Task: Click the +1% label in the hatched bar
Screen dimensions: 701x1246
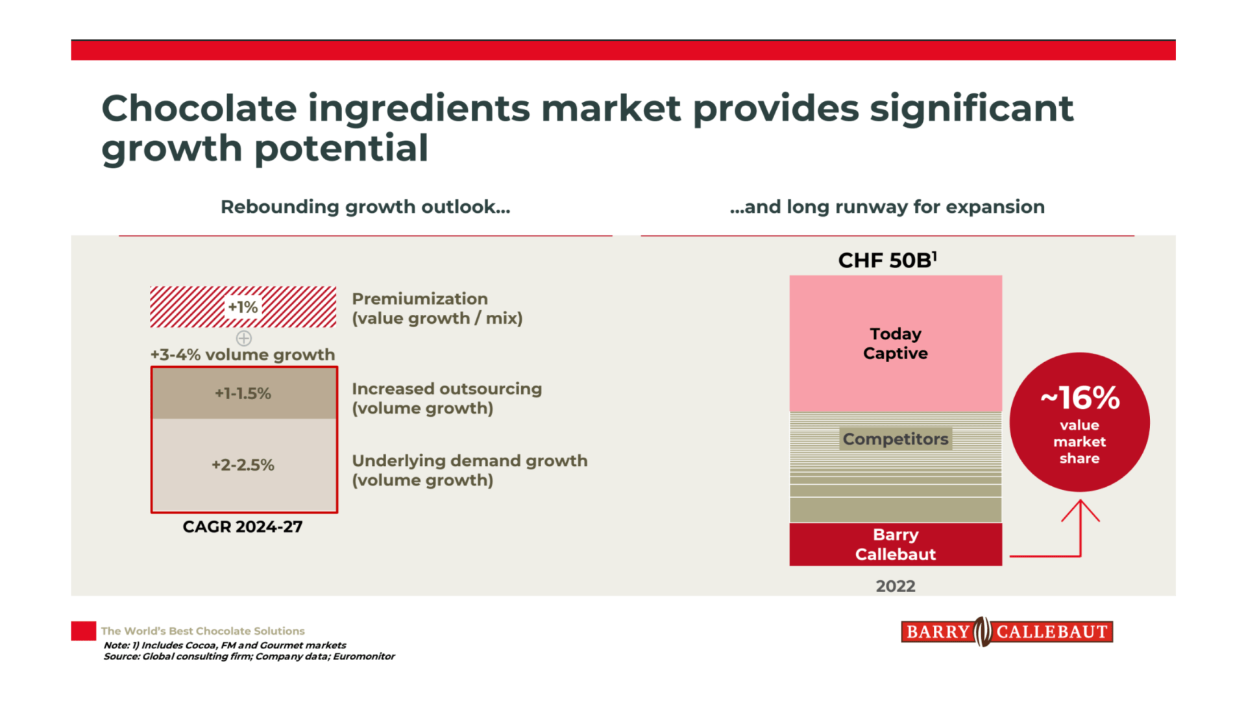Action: coord(243,307)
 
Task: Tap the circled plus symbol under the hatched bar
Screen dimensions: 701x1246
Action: coord(244,338)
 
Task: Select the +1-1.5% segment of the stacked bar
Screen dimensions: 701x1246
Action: coord(243,393)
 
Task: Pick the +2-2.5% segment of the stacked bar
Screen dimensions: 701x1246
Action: coord(243,465)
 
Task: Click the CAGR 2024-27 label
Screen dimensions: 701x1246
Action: coord(243,526)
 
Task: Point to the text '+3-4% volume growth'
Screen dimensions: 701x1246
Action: coord(243,354)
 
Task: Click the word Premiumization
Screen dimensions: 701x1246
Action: coord(420,299)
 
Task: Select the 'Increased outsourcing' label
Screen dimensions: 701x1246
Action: coord(446,389)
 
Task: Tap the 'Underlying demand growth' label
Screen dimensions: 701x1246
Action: coord(469,461)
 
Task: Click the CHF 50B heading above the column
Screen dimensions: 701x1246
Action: coord(887,260)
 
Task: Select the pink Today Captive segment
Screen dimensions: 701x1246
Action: coord(896,343)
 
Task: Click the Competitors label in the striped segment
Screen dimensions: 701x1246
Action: coord(896,439)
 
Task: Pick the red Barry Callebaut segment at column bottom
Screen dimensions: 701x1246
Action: coord(896,545)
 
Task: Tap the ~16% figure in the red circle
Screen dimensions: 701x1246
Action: coord(1080,398)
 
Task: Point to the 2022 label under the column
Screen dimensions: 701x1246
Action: coord(896,586)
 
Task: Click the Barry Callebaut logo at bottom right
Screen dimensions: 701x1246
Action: coord(1007,632)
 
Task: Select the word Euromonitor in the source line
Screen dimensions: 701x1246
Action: coord(364,656)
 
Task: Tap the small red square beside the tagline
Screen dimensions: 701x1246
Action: coord(84,631)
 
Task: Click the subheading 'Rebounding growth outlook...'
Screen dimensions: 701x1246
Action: coord(365,207)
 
